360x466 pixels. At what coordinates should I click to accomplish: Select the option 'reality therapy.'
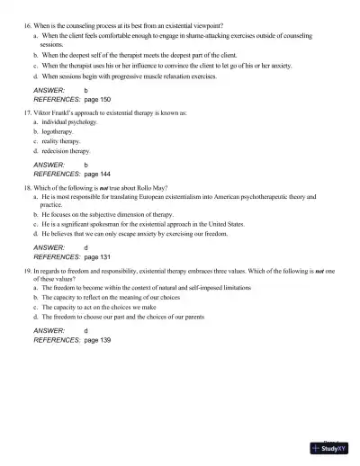tap(59, 141)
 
